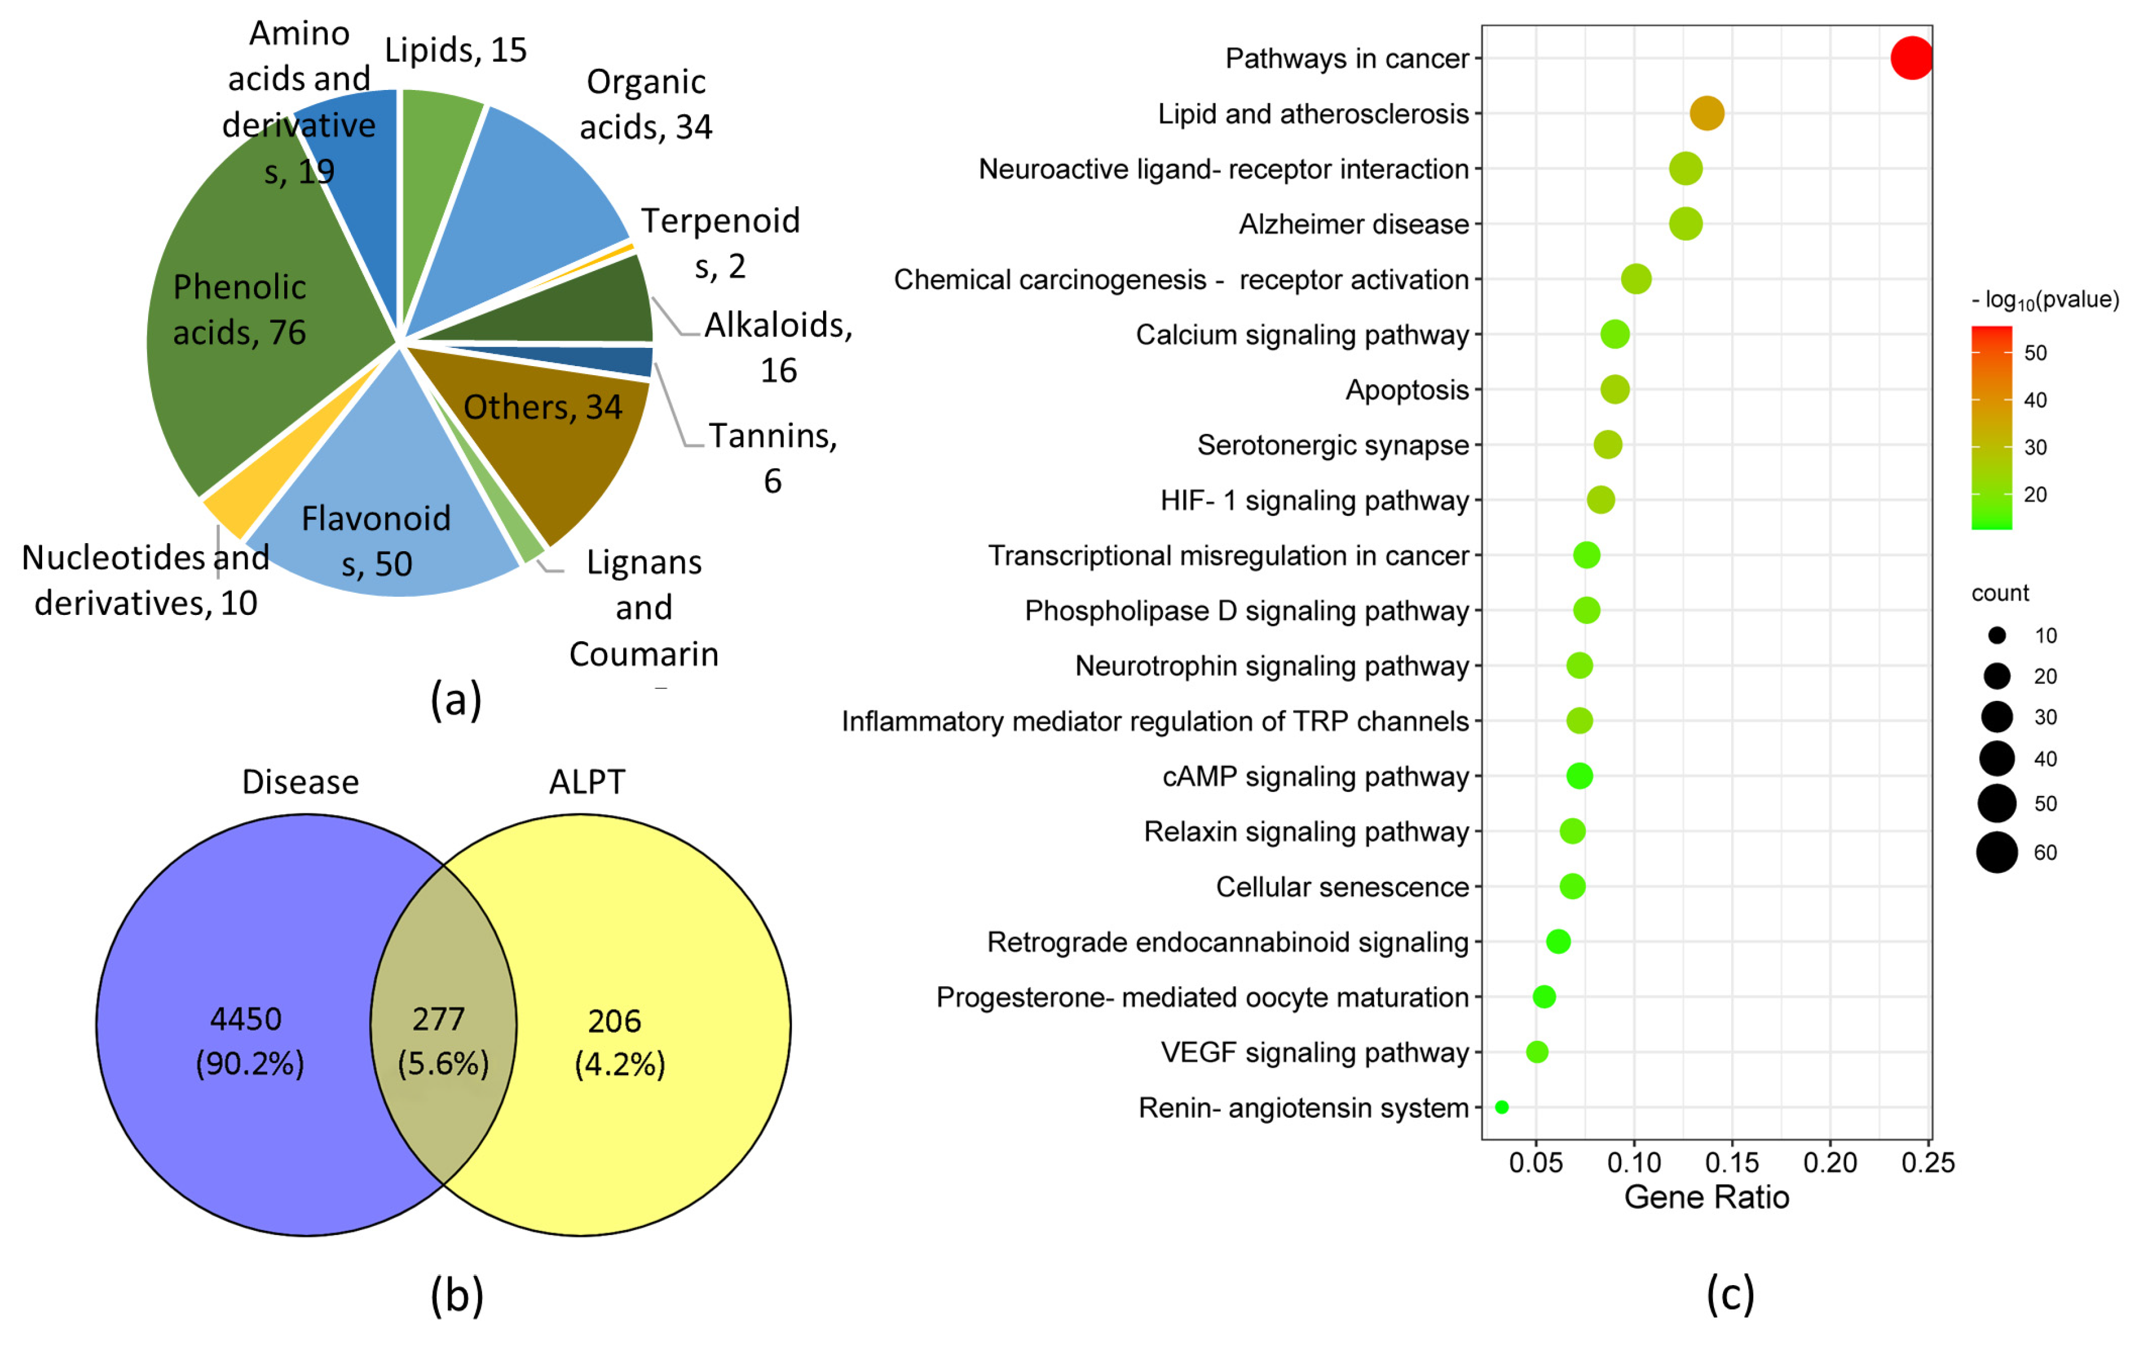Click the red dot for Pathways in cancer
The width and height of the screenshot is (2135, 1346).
tap(1911, 58)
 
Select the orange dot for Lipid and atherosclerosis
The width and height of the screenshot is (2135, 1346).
tap(1707, 113)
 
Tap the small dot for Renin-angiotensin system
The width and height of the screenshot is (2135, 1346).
tap(1501, 1107)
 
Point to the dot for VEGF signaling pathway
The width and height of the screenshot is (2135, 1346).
tap(1536, 1052)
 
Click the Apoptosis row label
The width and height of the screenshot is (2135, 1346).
tap(1406, 390)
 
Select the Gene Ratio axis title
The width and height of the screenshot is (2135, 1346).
tap(1706, 1197)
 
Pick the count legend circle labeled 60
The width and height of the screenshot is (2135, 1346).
tap(1997, 852)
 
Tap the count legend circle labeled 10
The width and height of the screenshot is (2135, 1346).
tap(1997, 635)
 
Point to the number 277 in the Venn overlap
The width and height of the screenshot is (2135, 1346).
tap(438, 1019)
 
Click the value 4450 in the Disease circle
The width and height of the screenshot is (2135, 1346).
tap(246, 1019)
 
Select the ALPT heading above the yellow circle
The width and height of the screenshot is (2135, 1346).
tap(587, 782)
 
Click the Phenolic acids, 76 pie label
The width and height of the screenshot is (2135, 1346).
tap(239, 309)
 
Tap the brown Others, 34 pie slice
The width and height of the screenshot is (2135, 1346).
tap(567, 443)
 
